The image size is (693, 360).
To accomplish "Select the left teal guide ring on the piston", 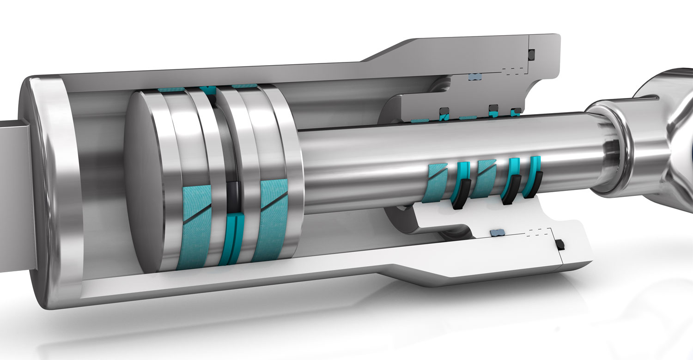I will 194,226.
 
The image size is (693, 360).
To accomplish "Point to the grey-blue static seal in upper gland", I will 475,76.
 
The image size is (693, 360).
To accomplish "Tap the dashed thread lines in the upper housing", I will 514,72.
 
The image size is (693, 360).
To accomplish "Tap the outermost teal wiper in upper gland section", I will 516,111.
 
